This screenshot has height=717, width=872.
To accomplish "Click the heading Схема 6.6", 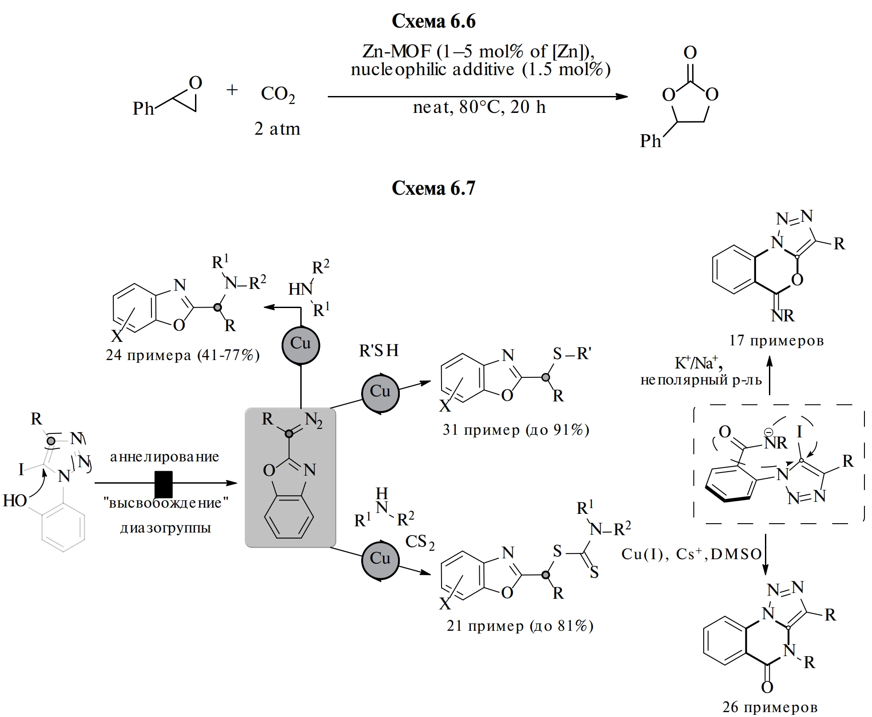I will click(433, 21).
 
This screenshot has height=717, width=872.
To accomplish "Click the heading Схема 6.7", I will click(433, 188).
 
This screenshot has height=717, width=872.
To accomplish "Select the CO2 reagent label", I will click(278, 94).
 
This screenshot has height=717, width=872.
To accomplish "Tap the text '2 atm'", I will click(277, 129).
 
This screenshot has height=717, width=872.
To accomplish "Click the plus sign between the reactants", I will click(232, 90).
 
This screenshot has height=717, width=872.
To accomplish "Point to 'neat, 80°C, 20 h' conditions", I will click(479, 108).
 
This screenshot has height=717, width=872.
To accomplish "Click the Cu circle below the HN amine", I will click(301, 344).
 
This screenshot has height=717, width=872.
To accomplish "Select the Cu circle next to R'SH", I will click(380, 392).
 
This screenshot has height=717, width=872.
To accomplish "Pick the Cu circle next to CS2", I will click(380, 559).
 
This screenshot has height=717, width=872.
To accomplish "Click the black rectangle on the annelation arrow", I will click(163, 483).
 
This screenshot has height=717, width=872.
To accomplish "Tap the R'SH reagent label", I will click(379, 351).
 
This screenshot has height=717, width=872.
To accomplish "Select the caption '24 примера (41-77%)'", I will click(183, 355).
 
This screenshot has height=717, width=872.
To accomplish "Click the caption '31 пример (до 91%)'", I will click(516, 429).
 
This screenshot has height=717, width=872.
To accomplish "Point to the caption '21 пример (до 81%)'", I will click(520, 626).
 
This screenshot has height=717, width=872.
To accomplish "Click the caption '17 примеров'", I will click(776, 340).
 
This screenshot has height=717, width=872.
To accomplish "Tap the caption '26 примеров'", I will click(770, 707).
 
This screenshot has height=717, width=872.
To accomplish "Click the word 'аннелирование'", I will click(164, 457).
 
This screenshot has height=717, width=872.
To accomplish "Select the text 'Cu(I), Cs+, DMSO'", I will click(691, 554).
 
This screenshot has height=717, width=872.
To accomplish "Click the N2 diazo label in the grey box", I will click(314, 420).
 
